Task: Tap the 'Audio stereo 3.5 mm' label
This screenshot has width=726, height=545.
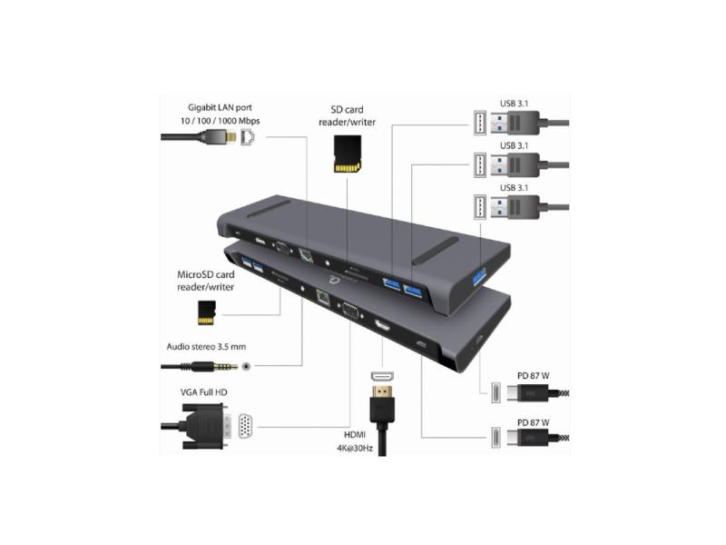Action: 211,346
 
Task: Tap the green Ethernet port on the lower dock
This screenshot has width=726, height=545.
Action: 322,295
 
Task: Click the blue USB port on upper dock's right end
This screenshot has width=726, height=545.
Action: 479,275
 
